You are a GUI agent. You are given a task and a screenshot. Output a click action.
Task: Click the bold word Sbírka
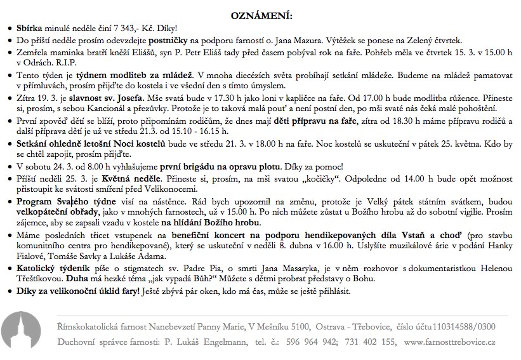point(29,29)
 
